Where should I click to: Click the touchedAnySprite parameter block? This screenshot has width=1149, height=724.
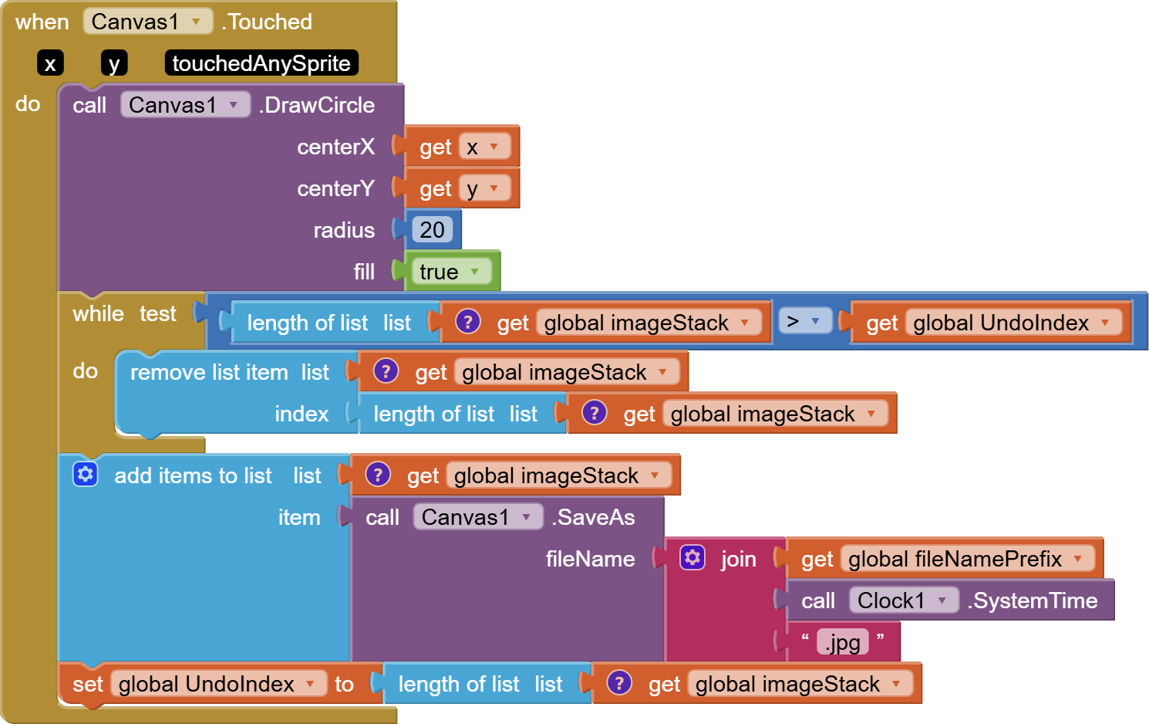click(261, 63)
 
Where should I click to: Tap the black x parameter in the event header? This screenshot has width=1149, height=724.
click(50, 63)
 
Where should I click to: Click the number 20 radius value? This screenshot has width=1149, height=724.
click(432, 230)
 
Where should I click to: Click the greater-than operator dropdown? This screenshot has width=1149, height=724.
click(804, 321)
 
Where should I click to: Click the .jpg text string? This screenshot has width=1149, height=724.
click(842, 642)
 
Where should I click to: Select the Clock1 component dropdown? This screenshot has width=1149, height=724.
click(903, 601)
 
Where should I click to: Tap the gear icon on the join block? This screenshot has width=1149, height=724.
click(692, 557)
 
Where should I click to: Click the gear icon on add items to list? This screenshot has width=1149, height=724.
click(86, 474)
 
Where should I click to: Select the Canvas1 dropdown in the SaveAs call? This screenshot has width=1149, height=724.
click(477, 517)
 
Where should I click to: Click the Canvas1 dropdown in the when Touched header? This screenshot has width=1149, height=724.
click(147, 22)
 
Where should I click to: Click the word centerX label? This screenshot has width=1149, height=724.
click(335, 147)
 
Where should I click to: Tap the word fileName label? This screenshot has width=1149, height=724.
click(590, 559)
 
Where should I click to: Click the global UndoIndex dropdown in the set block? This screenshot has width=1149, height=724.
click(217, 684)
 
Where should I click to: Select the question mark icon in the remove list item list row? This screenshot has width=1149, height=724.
click(386, 371)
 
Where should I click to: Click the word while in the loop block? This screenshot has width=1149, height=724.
click(98, 313)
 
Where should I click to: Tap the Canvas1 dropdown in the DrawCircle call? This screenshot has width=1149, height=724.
click(184, 105)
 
